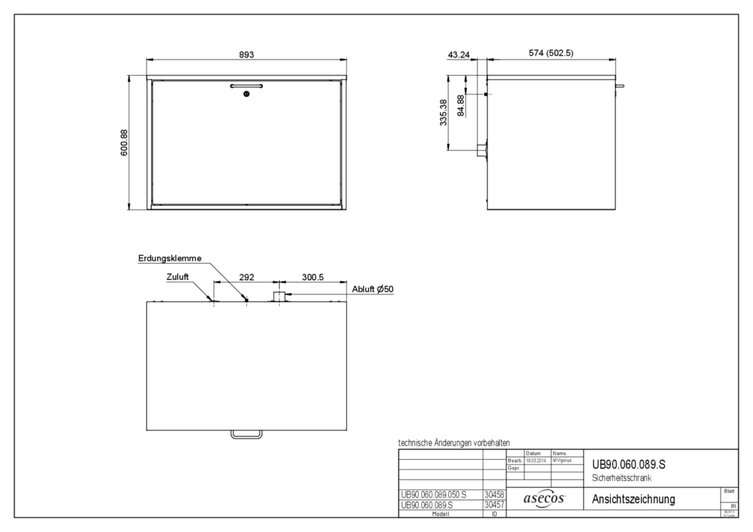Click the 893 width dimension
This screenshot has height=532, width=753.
(245, 54)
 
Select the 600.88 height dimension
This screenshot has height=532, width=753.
(124, 143)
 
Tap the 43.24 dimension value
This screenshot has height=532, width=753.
(458, 55)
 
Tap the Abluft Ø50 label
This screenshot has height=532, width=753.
(373, 289)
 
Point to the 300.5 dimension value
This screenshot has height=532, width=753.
(312, 277)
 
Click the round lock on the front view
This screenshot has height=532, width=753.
(246, 94)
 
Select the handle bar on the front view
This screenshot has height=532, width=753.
(246, 86)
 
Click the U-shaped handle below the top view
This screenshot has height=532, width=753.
(246, 434)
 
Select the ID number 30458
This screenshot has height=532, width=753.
(494, 495)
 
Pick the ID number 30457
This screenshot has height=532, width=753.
(494, 504)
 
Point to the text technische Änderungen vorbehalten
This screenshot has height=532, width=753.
(454, 443)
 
